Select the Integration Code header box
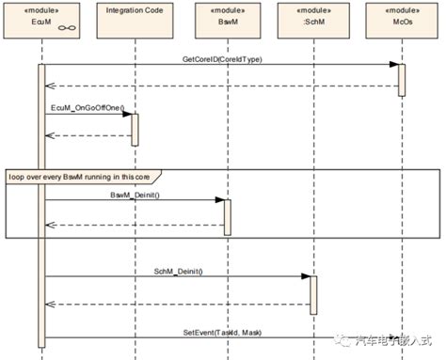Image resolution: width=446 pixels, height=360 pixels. pyautogui.click(x=135, y=22)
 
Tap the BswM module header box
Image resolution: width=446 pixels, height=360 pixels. pyautogui.click(x=224, y=22)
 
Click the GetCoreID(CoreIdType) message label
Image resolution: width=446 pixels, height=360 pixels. pyautogui.click(x=222, y=58)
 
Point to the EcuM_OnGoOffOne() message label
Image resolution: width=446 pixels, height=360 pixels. pyautogui.click(x=84, y=109)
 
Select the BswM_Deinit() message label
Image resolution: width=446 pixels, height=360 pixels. pyautogui.click(x=135, y=194)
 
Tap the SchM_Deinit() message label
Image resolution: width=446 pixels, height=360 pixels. pyautogui.click(x=178, y=270)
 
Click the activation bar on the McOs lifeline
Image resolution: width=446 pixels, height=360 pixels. pyautogui.click(x=401, y=80)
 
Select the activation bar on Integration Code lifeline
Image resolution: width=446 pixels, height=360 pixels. pyautogui.click(x=135, y=130)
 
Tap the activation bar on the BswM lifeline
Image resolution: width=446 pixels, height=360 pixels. pyautogui.click(x=225, y=216)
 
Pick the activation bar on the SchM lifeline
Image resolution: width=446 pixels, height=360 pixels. pyautogui.click(x=313, y=294)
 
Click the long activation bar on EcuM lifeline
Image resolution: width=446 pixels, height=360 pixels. pyautogui.click(x=41, y=207)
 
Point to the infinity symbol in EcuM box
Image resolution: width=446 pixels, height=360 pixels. pyautogui.click(x=67, y=28)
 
